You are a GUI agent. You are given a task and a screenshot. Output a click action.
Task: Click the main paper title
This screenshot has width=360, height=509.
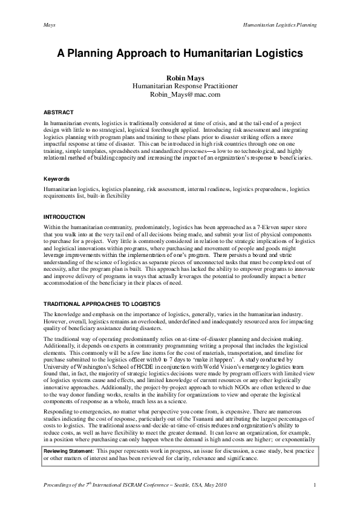(x=180, y=53)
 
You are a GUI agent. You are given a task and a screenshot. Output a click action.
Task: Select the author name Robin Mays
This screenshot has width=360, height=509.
(x=180, y=78)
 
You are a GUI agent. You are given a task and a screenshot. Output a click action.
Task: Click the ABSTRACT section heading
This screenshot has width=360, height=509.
(x=59, y=112)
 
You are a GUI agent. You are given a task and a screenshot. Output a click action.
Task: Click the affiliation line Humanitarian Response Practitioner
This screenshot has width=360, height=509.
(x=180, y=86)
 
